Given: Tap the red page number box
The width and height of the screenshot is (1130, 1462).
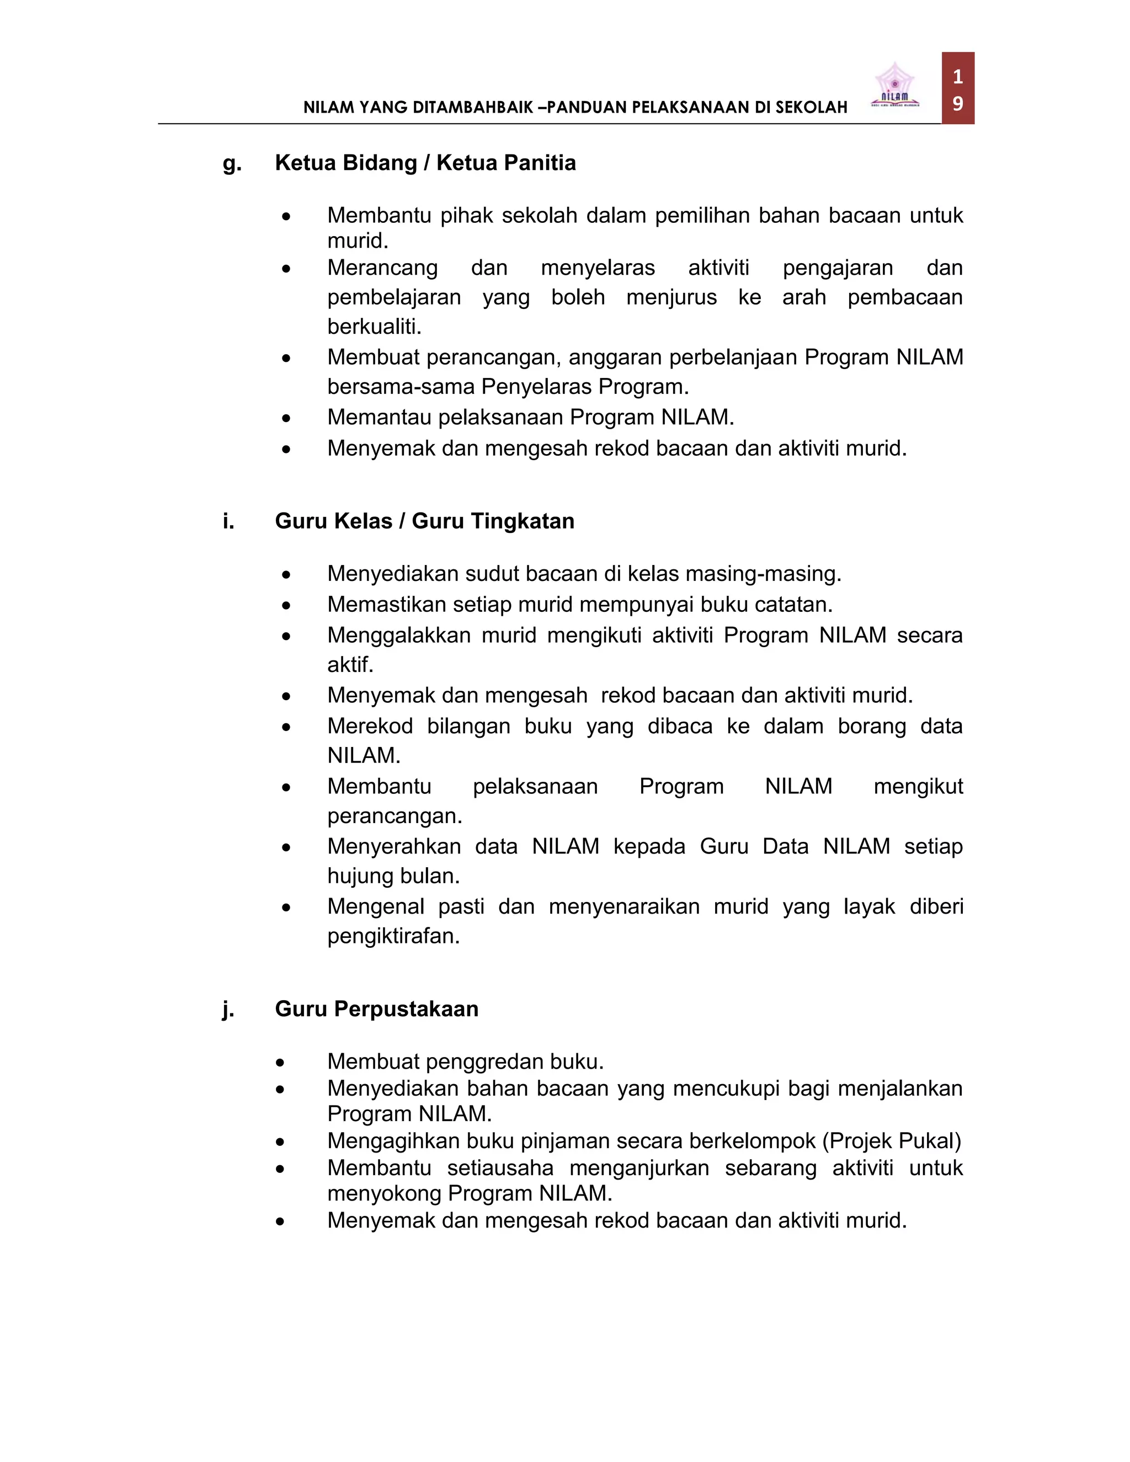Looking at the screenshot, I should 957,88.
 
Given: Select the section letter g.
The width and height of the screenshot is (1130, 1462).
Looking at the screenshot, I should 232,163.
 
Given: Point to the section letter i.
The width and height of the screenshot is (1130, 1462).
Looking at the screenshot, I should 228,521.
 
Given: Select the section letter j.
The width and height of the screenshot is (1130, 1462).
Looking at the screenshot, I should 228,1009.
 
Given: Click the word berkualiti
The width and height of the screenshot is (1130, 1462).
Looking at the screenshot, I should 374,327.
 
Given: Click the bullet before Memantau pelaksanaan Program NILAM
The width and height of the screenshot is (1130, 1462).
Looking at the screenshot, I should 286,418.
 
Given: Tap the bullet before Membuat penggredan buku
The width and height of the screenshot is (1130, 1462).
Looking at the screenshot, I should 280,1063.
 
